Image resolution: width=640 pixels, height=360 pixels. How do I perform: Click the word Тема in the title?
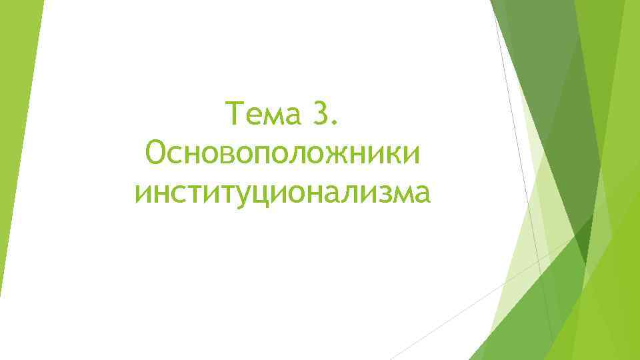click(263, 114)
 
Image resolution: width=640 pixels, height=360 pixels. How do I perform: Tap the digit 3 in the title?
click(319, 114)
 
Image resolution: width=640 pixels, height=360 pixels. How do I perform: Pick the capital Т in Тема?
click(235, 114)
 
